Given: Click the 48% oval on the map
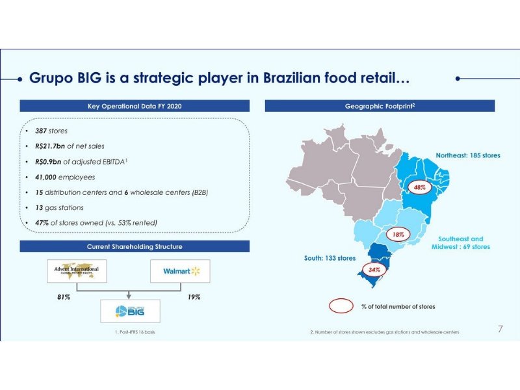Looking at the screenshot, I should [419, 187].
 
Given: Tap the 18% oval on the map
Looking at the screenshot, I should [398, 234].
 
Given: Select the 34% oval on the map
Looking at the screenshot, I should [374, 268].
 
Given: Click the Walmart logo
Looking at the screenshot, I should [180, 271].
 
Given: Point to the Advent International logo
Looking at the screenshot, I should [77, 270].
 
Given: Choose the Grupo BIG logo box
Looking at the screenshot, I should [130, 311].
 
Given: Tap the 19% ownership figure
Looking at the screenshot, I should [194, 297].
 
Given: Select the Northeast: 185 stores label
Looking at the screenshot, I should [467, 156].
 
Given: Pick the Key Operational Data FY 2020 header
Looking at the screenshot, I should [135, 106].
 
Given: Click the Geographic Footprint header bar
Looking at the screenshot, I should [380, 106].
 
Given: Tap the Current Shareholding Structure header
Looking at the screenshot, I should [135, 247].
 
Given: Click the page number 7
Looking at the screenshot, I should [500, 329].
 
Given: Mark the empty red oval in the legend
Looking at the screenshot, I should [342, 305].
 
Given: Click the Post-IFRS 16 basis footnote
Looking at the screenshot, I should [135, 332].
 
